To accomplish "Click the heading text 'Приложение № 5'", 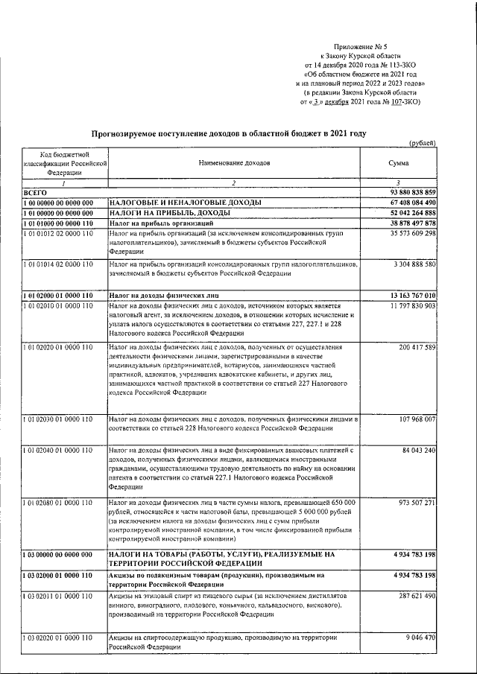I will click(x=361, y=45).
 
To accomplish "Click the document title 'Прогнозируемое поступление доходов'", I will click(x=229, y=133).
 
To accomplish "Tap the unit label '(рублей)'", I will click(x=423, y=143).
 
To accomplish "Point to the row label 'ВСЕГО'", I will click(x=35, y=192).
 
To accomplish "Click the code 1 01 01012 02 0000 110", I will click(x=57, y=233).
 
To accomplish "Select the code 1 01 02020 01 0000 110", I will click(x=57, y=347).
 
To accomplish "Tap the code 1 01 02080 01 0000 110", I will click(x=57, y=503).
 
